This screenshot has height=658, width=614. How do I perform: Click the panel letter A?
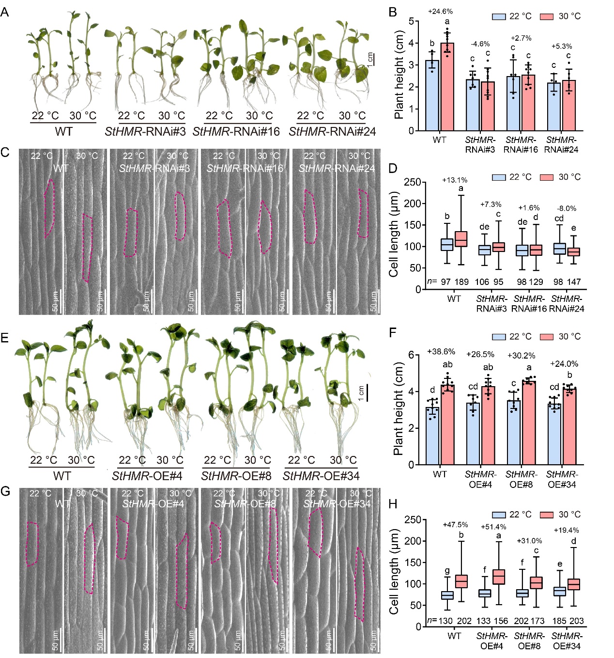(5, 12)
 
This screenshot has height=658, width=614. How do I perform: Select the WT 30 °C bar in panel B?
(447, 87)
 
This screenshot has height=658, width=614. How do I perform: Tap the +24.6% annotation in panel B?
(440, 11)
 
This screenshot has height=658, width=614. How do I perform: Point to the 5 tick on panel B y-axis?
(411, 21)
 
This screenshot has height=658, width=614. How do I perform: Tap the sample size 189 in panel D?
(461, 282)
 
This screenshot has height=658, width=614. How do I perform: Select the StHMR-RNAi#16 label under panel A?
(236, 131)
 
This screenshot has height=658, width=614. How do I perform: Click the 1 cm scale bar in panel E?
(367, 392)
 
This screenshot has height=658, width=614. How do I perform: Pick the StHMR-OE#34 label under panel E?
(321, 476)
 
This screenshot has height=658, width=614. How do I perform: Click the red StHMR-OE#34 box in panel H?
(574, 584)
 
